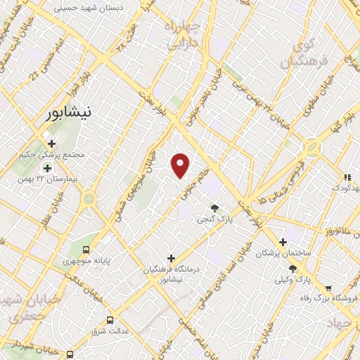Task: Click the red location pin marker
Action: pos(181,166)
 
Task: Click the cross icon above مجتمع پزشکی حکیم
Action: pos(52,143)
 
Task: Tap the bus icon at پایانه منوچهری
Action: pos(86,250)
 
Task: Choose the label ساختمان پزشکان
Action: pos(283,252)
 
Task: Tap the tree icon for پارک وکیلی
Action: pos(292,269)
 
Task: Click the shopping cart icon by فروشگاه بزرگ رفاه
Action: pos(328,288)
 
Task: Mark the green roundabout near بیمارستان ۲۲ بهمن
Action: pos(89,199)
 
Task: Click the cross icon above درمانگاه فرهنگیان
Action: pos(171,258)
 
